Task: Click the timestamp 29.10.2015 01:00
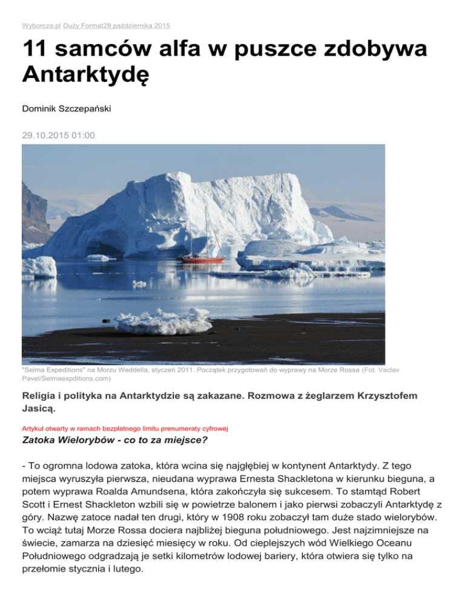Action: coord(58,136)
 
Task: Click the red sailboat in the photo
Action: coord(201,259)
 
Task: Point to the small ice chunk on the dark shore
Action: coord(163,321)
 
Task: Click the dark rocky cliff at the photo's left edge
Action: coord(33,212)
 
